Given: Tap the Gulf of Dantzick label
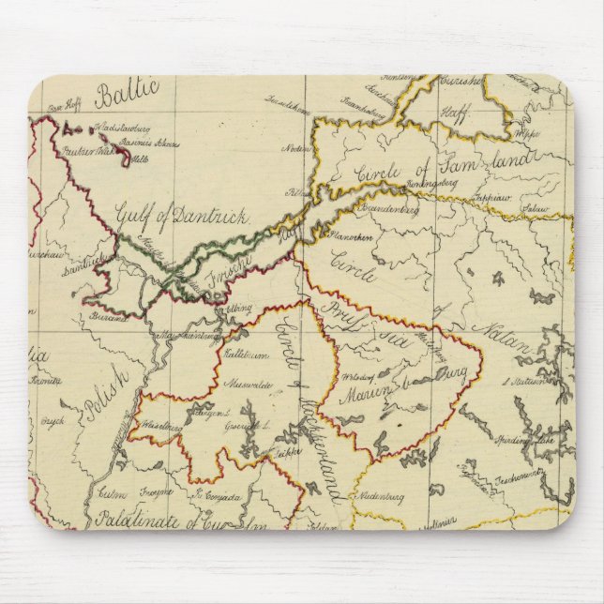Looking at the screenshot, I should tap(182, 218).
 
